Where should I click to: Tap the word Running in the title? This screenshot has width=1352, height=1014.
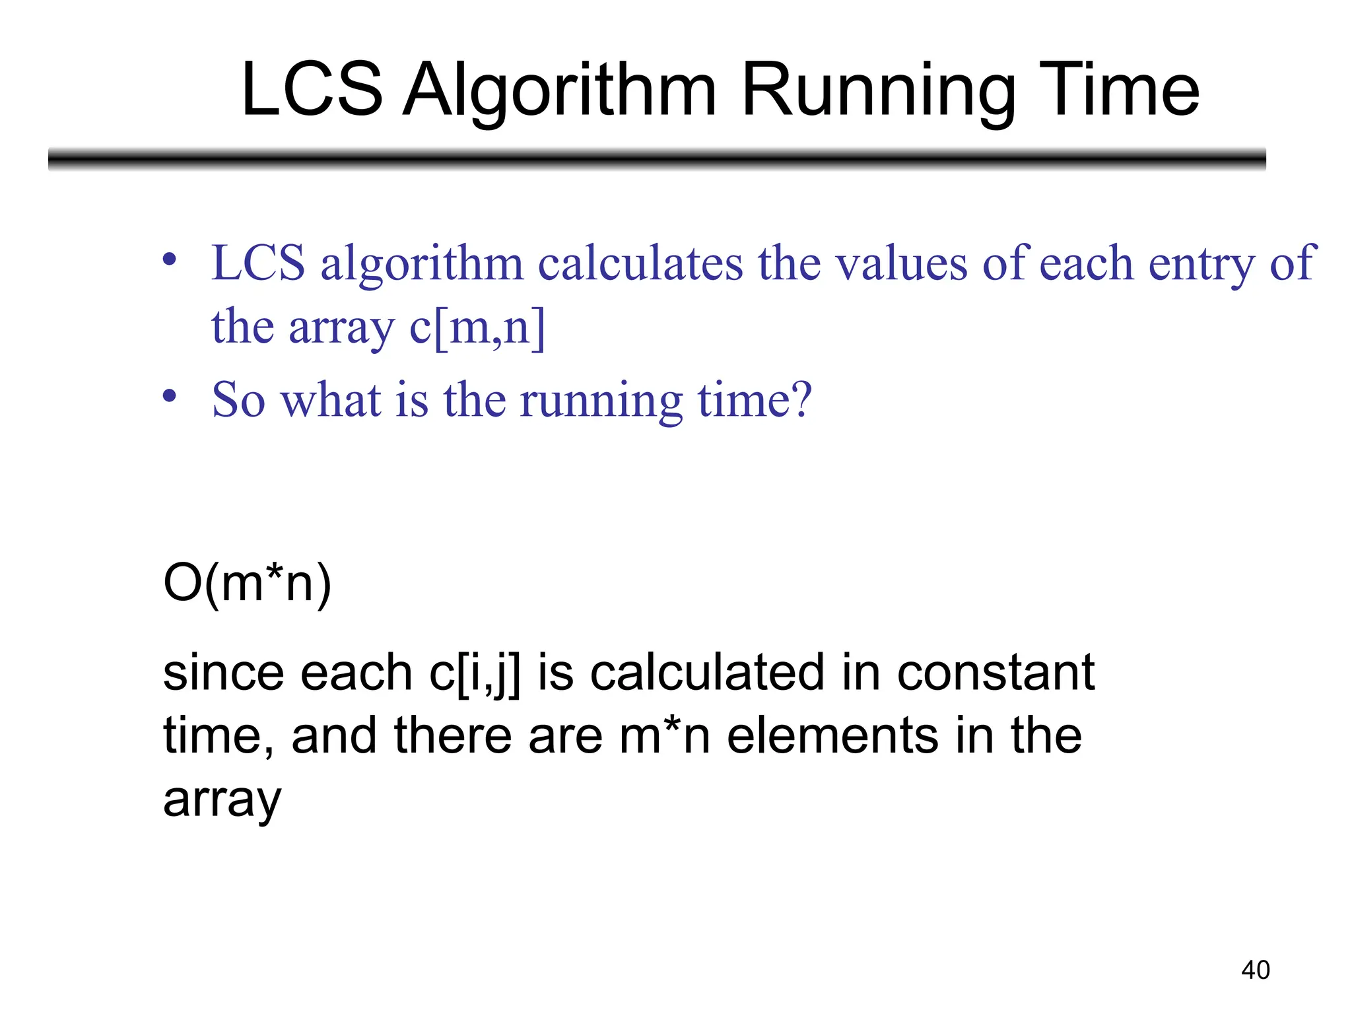pos(878,91)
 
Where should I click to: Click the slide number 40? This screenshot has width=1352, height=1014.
pos(1255,970)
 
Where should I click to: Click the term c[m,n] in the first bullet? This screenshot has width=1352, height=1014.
pos(477,327)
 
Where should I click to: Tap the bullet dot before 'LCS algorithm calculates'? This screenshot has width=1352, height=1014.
pos(170,259)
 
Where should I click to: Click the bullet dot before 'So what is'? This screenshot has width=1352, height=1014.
pos(170,396)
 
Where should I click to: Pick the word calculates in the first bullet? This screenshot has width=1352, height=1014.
pos(640,263)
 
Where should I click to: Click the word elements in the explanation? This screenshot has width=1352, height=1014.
pos(832,736)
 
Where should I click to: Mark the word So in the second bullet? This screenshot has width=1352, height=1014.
pos(238,400)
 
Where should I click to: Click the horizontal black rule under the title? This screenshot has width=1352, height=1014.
pos(657,159)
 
